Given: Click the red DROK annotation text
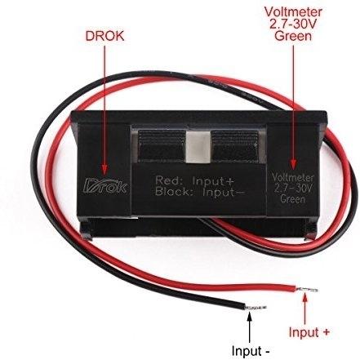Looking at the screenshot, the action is [104, 36].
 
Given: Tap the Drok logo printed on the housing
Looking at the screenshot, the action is [105, 185].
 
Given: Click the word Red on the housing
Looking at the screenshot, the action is [167, 180].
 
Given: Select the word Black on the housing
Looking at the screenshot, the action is [172, 192].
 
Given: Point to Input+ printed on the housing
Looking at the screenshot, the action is [213, 180].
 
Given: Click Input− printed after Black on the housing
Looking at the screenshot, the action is [224, 192].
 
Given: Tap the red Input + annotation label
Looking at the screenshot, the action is [309, 332].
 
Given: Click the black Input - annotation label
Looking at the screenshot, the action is [251, 350].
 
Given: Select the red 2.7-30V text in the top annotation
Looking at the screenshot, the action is [293, 24].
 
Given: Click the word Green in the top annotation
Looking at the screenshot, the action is [293, 36].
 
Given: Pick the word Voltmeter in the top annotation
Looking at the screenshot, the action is [293, 12].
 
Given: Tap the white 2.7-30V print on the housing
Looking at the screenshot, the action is [293, 189].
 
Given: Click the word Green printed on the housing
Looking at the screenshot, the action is [293, 199].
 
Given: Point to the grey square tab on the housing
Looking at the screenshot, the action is [198, 147].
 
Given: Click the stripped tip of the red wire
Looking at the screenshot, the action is [308, 289].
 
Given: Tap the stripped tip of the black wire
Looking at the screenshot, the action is [256, 308].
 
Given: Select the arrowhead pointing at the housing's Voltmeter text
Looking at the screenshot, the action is [293, 163].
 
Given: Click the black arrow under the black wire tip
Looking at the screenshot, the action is [250, 327].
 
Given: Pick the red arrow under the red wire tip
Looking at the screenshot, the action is [305, 309].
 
